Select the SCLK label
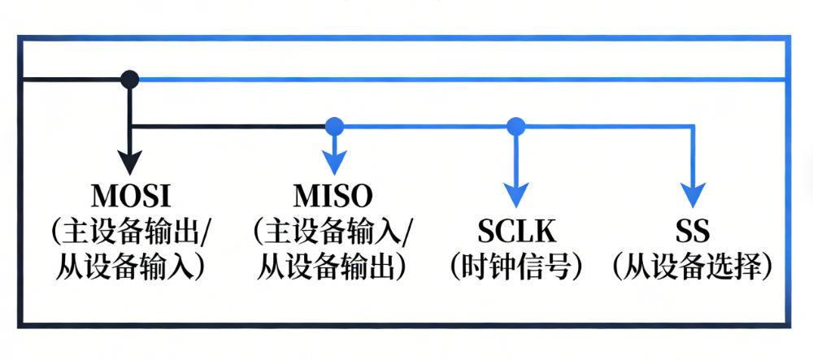click(516, 232)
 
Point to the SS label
click(692, 232)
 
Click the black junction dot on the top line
click(129, 79)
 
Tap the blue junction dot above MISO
click(333, 126)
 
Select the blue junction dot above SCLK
click(515, 126)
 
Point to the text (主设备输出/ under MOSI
click(129, 232)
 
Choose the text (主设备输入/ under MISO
click(333, 232)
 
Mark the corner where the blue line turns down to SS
click(692, 126)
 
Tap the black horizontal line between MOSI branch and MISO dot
click(228, 126)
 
